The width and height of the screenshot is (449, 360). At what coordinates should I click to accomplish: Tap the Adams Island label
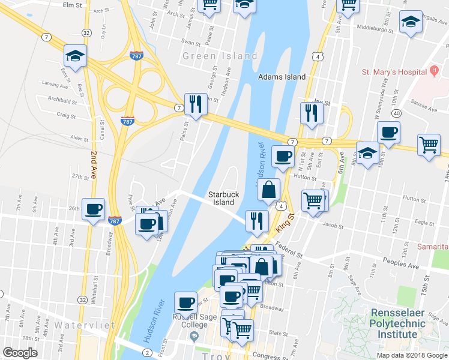[x=282, y=77]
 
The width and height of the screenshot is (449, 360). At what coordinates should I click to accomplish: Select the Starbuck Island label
[x=221, y=198]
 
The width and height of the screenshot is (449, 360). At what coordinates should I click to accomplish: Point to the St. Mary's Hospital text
[x=393, y=73]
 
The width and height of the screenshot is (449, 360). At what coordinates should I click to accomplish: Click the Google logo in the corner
[x=20, y=353]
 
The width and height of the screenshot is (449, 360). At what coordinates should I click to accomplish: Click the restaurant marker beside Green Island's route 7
[x=196, y=104]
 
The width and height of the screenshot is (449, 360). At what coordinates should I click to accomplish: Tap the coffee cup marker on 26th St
[x=93, y=209]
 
